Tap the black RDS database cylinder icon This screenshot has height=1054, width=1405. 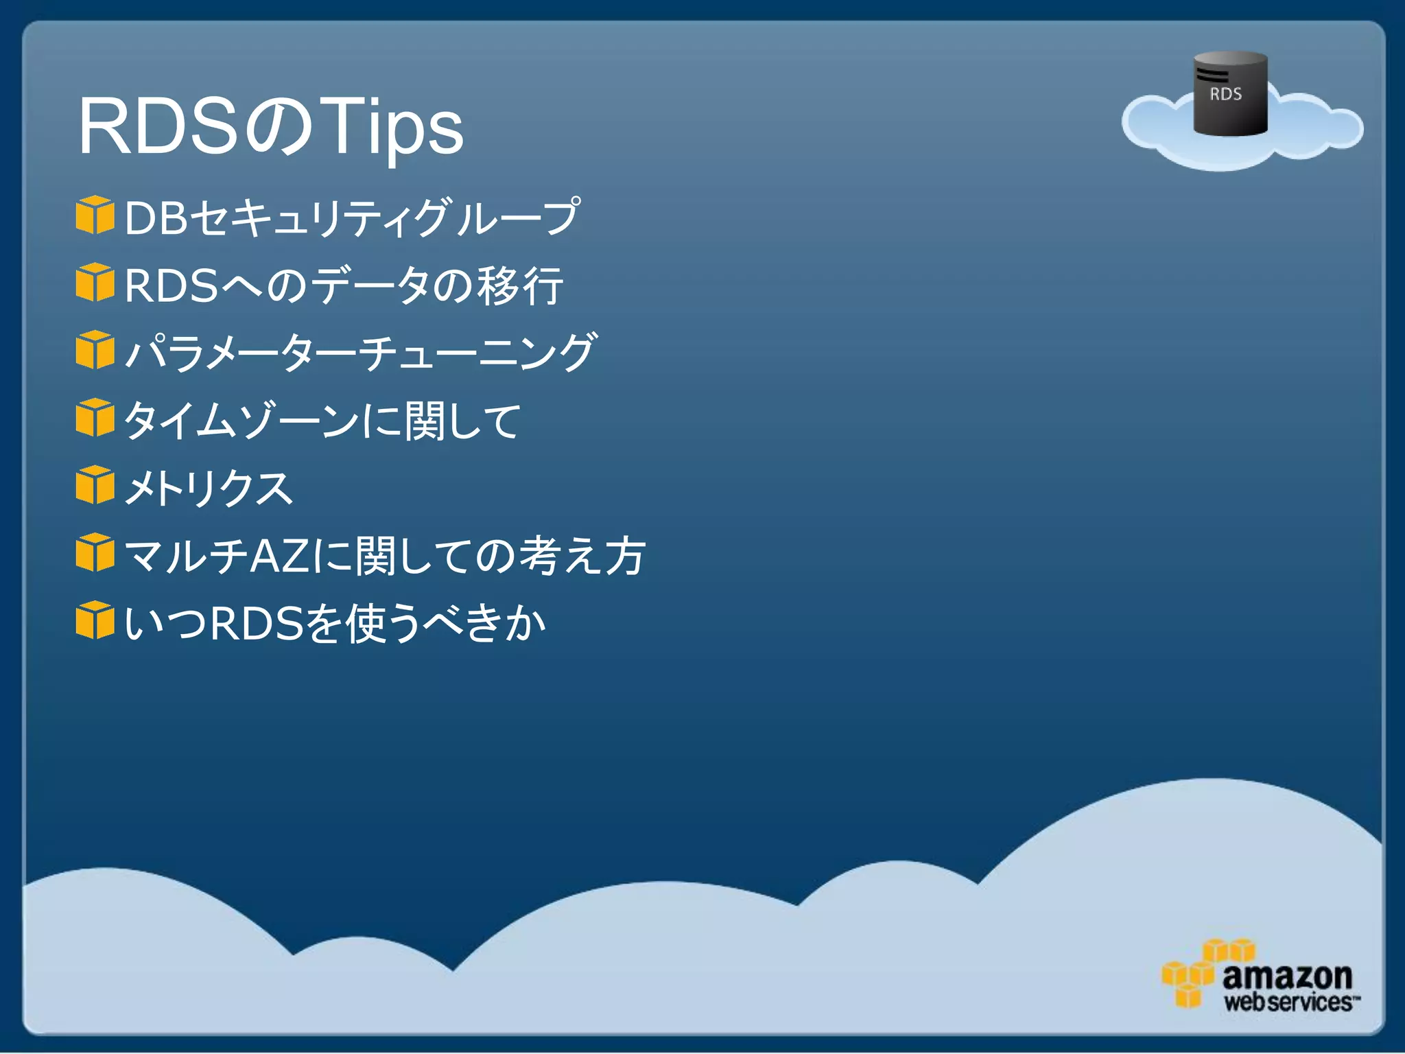[1229, 93]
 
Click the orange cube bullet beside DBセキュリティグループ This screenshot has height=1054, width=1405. [95, 215]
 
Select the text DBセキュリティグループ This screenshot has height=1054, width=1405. [351, 218]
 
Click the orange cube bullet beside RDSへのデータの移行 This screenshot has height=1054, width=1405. [95, 282]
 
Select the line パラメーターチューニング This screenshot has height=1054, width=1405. [360, 353]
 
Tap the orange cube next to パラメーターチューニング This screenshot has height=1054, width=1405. [95, 350]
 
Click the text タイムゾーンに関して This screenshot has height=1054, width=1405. [322, 421]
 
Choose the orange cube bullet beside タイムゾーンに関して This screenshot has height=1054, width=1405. [95, 417]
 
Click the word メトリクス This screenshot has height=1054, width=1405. [209, 488]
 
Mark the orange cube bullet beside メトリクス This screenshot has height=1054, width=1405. [95, 485]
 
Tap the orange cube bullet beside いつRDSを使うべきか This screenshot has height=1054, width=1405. [95, 620]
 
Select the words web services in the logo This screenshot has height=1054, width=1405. [1288, 1003]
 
